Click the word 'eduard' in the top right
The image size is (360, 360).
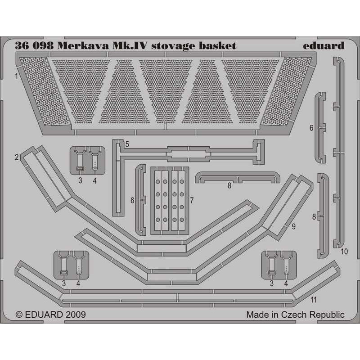(x=324, y=46)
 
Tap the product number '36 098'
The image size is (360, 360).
(x=35, y=46)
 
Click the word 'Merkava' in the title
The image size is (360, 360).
(x=83, y=46)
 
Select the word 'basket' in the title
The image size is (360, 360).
(x=217, y=46)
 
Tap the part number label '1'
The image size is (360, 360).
(x=16, y=76)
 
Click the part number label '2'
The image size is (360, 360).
(x=17, y=157)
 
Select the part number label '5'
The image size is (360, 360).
(x=127, y=144)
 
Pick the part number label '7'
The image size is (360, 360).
(x=192, y=200)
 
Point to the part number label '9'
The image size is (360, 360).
(x=293, y=227)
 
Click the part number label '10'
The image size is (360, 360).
(x=344, y=252)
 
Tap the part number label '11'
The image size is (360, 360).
(x=313, y=300)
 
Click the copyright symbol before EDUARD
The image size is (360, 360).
(x=19, y=315)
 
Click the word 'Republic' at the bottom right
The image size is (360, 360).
(x=327, y=315)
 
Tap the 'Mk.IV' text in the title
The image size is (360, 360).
(x=130, y=46)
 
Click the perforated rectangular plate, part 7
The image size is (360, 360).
(x=170, y=201)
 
